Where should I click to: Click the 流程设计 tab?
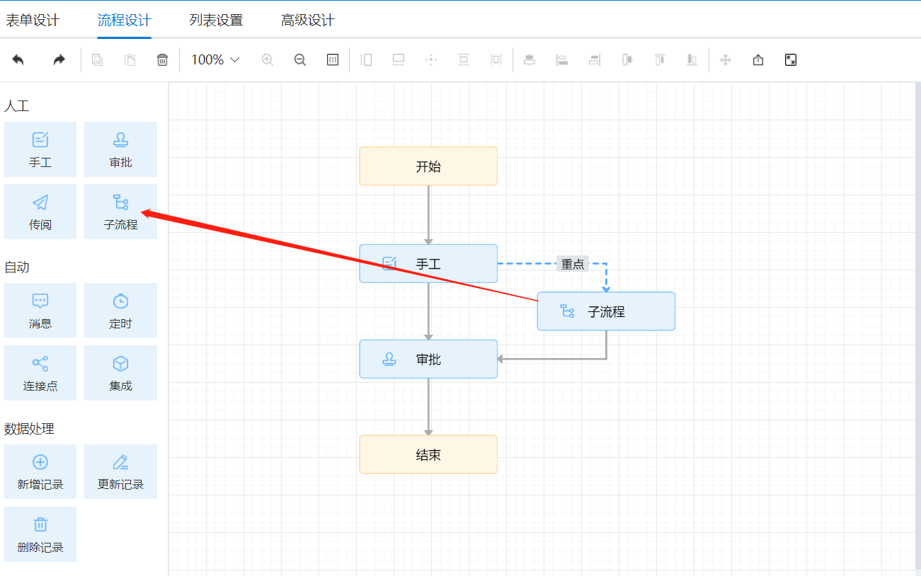124,21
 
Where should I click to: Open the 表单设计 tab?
33,21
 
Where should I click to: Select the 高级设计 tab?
307,21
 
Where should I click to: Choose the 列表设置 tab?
216,21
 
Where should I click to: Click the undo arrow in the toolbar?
18,60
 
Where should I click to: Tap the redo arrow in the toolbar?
59,60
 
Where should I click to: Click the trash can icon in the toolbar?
163,60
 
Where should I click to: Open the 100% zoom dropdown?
215,60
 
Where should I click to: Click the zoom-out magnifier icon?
300,60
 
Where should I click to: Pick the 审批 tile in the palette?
120,149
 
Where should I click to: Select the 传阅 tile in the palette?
40,212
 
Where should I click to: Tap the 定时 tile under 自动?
120,311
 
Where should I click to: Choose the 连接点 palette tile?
40,373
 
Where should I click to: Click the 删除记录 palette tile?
40,534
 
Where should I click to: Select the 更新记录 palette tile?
120,472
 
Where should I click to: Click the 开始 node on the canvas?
428,166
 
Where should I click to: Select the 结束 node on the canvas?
428,454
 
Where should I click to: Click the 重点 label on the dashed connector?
573,264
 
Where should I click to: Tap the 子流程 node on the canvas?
606,311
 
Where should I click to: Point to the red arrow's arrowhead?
145,212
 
